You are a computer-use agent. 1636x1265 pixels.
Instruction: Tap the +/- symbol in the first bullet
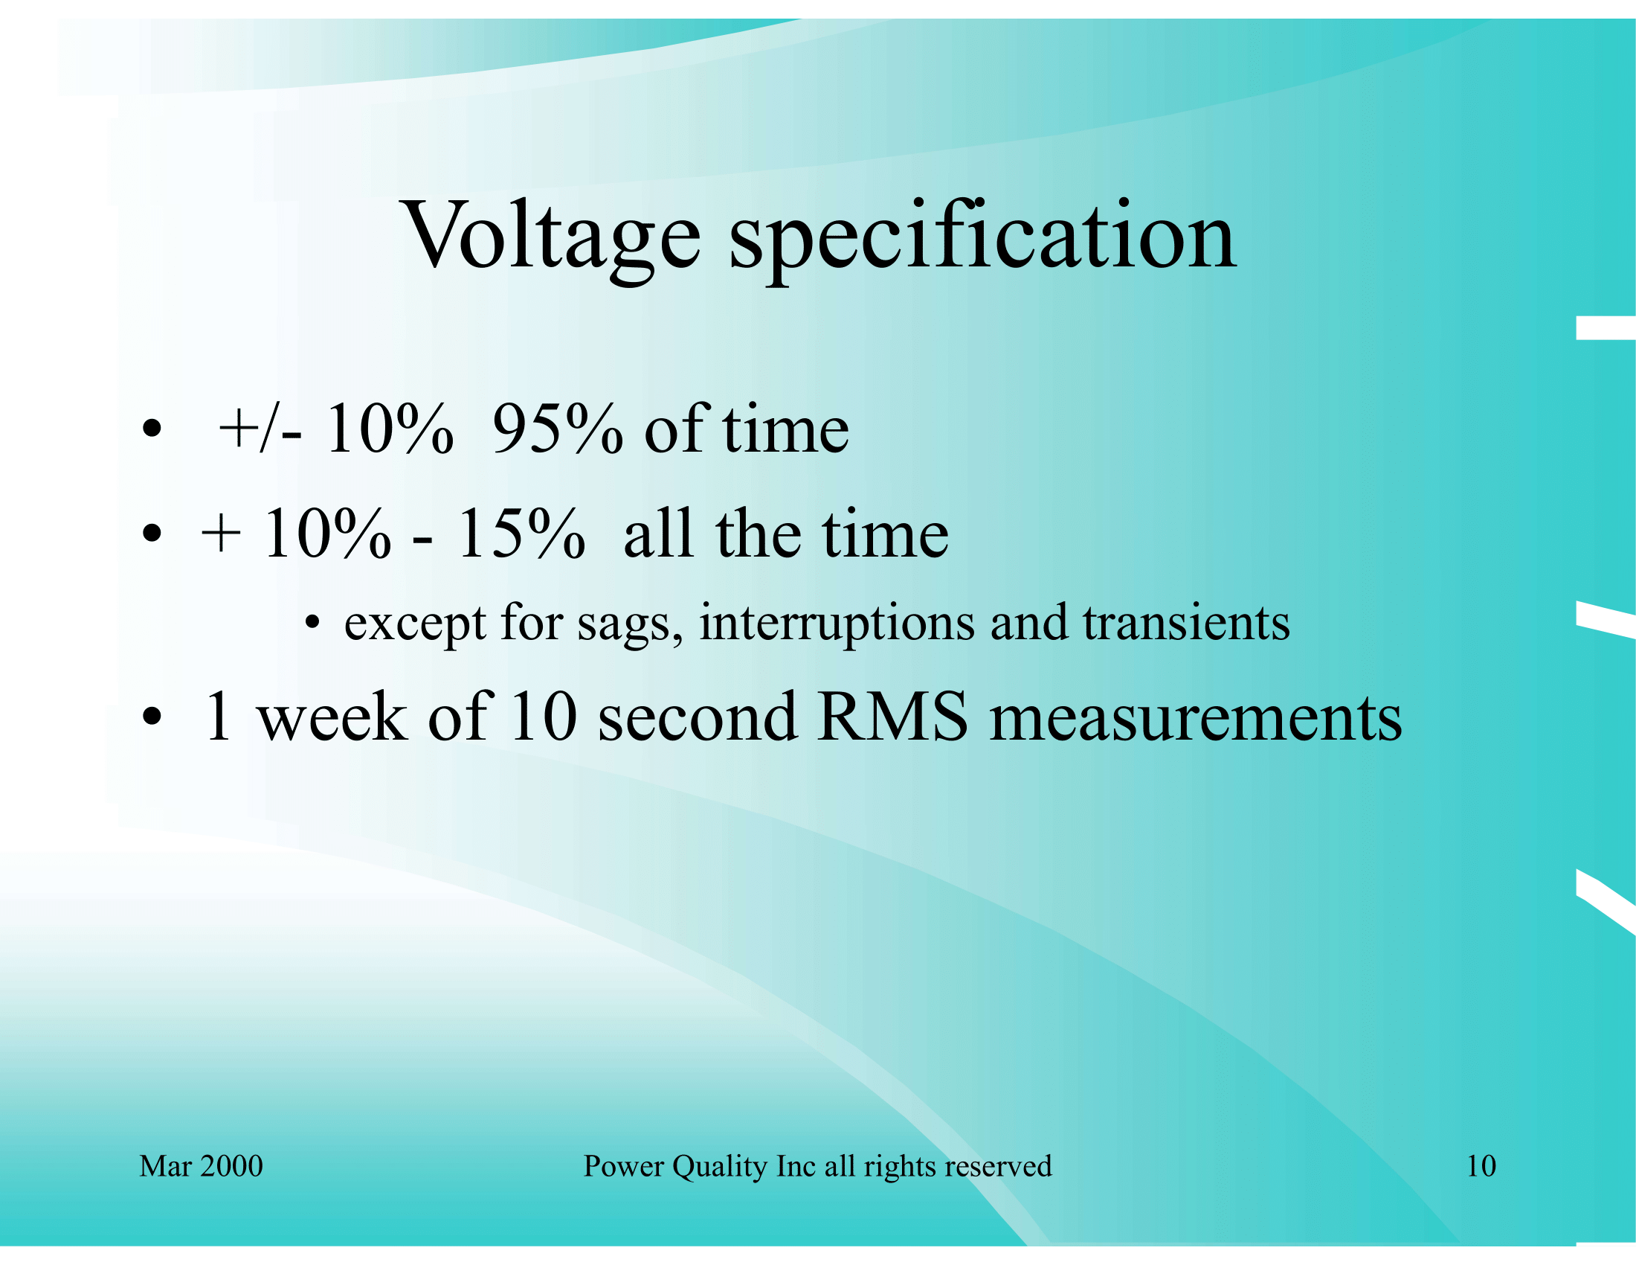click(260, 429)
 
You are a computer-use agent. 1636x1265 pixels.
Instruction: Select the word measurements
click(1196, 718)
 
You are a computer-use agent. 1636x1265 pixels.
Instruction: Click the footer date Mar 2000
click(201, 1166)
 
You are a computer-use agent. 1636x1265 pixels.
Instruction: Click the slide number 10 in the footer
click(1481, 1166)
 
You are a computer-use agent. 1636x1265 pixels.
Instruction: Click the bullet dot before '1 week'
click(151, 717)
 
